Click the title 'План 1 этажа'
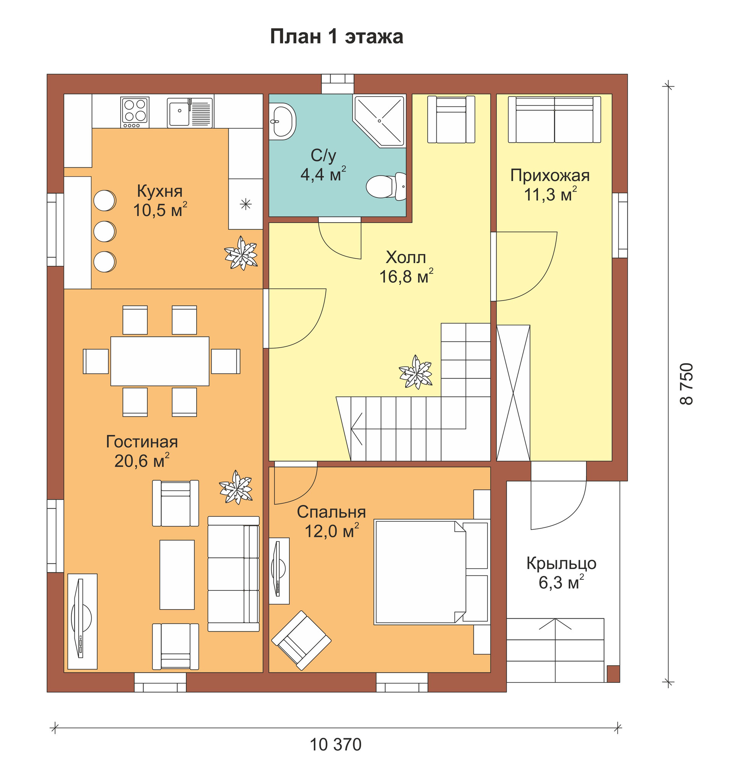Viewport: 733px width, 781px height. coord(336,37)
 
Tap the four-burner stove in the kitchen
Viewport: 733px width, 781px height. coord(135,112)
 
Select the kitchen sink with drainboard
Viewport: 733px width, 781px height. coord(190,113)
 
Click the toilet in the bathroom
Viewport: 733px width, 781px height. coord(386,186)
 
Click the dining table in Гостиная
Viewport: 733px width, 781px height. coord(160,361)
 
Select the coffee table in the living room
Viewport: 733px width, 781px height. coord(177,575)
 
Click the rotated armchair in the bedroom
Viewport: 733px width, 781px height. coord(301,640)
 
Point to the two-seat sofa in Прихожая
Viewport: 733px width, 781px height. coord(554,120)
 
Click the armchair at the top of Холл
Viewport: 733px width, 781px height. coord(451,120)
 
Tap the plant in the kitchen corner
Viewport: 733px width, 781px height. coord(241,253)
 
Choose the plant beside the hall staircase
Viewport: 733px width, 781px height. coord(416,372)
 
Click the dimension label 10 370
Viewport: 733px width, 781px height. coord(336,744)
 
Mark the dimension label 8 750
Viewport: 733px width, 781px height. coord(687,384)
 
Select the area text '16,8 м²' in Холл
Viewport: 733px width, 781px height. coord(406,276)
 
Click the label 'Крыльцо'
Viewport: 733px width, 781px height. coord(561,564)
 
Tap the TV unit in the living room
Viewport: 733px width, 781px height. coord(82,621)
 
